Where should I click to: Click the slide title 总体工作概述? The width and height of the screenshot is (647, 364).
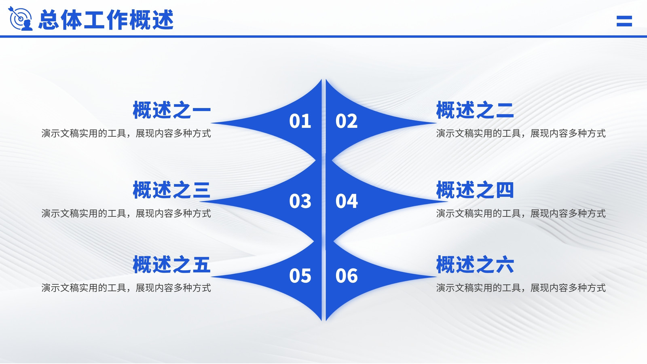[106, 20]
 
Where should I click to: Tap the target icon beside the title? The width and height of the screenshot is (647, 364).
[20, 19]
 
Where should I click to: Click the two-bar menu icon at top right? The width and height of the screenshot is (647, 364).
[624, 21]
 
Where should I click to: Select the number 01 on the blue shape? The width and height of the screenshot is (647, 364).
[300, 121]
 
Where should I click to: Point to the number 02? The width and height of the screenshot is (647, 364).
[347, 121]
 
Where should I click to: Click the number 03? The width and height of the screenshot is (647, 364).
[300, 201]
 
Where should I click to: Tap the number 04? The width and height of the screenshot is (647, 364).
[347, 201]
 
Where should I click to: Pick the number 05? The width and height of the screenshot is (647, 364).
[300, 275]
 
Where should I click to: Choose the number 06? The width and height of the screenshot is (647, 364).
[347, 275]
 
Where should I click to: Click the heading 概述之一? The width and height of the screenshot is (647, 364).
[171, 110]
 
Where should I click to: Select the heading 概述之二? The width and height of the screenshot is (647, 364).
[475, 110]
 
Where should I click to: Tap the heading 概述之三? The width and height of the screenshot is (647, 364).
[171, 190]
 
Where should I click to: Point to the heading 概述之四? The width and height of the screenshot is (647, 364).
[475, 190]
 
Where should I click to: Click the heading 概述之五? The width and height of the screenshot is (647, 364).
[171, 265]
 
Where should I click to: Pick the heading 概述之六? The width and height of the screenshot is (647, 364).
[475, 265]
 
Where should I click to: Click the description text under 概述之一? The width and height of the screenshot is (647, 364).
[126, 133]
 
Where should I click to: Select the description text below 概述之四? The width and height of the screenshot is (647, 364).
[521, 214]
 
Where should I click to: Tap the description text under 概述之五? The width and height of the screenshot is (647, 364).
[126, 288]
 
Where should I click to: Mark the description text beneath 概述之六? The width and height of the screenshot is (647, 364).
[521, 288]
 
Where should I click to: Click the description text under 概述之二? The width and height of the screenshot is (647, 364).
[521, 133]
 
